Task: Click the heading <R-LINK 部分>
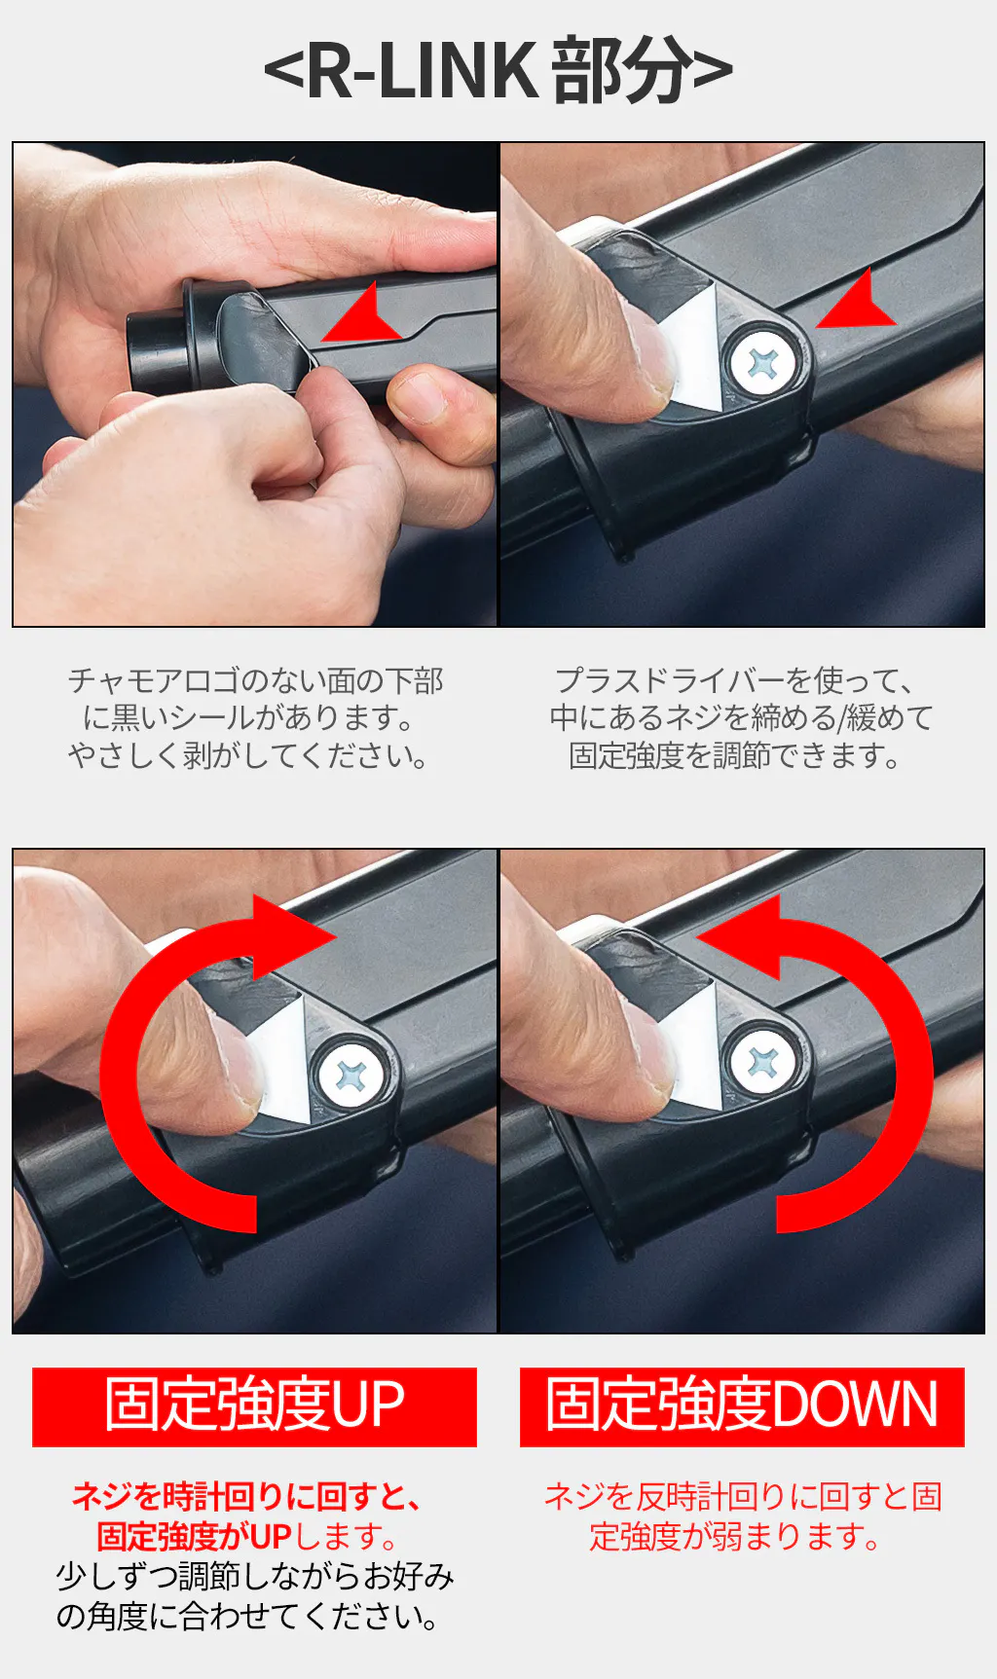coord(498,70)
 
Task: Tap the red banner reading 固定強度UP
coord(254,1406)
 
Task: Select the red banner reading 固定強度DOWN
coord(742,1406)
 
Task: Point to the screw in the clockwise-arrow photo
coord(351,1074)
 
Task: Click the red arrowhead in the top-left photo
coord(361,313)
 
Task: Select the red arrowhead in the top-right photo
coord(856,300)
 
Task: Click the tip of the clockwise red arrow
coord(337,937)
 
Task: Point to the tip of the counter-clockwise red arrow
coord(696,937)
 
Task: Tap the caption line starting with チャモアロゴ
coord(255,680)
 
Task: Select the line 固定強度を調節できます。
coord(735,755)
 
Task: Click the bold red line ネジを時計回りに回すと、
coord(246,1496)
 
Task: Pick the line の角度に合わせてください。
coord(246,1616)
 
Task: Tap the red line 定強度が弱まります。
coord(735,1536)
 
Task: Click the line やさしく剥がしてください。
coord(247,755)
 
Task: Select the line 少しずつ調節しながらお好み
coord(255,1576)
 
